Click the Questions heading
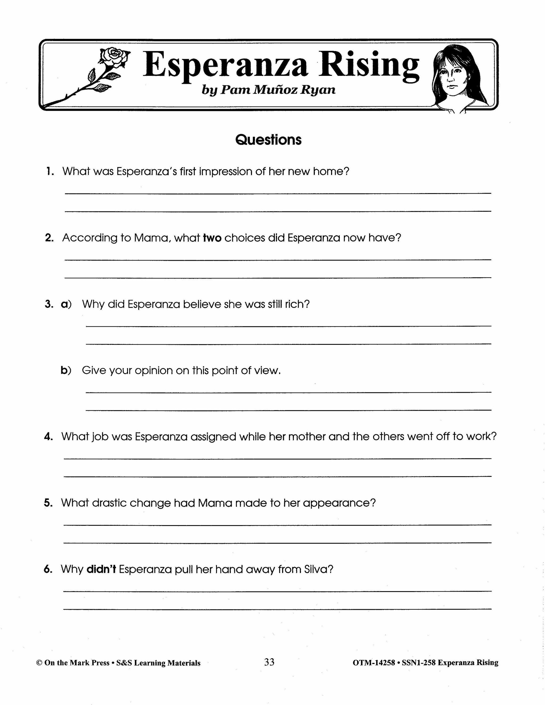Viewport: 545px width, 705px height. pyautogui.click(x=268, y=140)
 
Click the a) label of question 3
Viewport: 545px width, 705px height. pyautogui.click(x=66, y=304)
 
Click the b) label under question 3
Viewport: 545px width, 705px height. pyautogui.click(x=66, y=370)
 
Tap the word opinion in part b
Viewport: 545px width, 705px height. pyautogui.click(x=155, y=371)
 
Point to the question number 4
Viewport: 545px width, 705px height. pyautogui.click(x=48, y=437)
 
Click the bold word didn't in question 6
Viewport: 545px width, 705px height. pyautogui.click(x=101, y=569)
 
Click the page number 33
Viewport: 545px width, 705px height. pyautogui.click(x=269, y=662)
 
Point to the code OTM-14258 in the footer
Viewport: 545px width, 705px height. pyautogui.click(x=374, y=663)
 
